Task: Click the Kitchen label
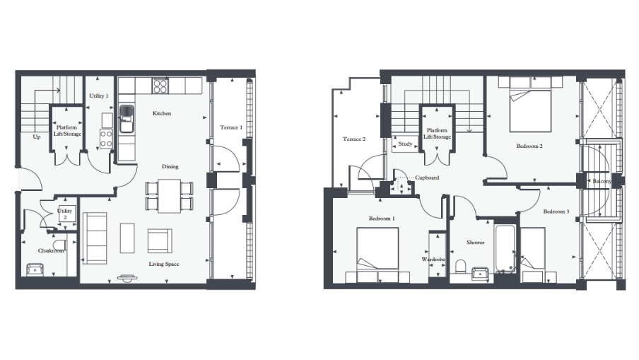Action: [162, 113]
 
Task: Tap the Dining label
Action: [170, 167]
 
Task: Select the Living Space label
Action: [163, 264]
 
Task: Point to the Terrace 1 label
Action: [231, 127]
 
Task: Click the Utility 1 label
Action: [98, 95]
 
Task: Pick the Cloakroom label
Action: [51, 250]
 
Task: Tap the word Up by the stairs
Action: [37, 137]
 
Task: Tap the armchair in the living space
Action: [158, 241]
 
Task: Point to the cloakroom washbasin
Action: [35, 269]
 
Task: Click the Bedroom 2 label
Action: [529, 146]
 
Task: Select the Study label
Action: [405, 144]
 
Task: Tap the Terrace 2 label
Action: [354, 139]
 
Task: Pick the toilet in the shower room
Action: [460, 267]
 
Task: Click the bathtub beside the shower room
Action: [505, 248]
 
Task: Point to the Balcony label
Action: [602, 181]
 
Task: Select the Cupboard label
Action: [427, 178]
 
